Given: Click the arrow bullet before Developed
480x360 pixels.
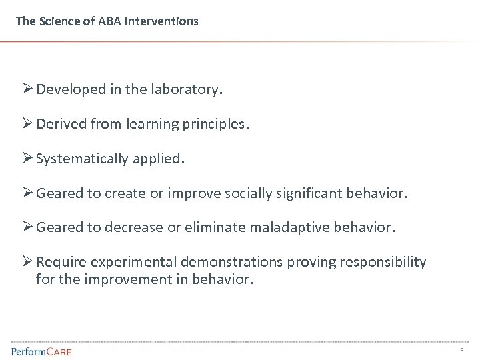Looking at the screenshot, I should [27, 89].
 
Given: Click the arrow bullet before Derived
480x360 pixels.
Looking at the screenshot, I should [27, 123].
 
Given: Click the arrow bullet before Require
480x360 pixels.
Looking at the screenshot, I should [27, 262].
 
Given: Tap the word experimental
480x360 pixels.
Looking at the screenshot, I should [125, 263].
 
